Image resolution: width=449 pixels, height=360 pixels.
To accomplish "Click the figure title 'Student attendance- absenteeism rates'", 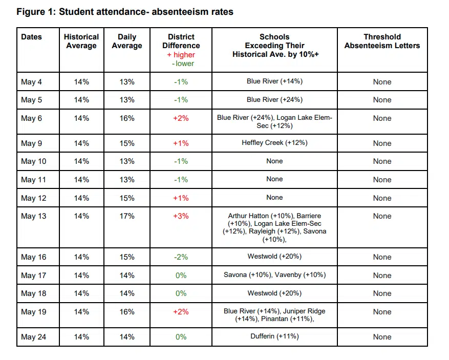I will coord(146,12).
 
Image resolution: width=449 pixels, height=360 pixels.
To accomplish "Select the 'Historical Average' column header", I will coord(81,41).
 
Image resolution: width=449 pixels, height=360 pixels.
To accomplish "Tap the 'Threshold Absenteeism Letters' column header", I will coord(382,41).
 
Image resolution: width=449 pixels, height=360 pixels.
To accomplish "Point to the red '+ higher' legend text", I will coord(181,55).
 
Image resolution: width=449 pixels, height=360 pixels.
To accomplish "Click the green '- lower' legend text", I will coord(183,63).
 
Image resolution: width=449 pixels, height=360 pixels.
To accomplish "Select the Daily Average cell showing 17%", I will coord(126,216).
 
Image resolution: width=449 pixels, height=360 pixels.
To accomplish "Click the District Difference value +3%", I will coord(181,216).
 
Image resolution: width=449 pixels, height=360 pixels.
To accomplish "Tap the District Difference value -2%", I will coord(181,257).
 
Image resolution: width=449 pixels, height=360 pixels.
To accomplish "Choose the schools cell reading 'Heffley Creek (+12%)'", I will coord(274,143).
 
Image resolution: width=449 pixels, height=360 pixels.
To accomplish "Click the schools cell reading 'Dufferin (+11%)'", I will coord(274,336).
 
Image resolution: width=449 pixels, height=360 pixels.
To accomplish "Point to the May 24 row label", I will coord(34,337).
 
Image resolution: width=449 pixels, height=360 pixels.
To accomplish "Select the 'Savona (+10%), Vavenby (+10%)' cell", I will coord(274,275).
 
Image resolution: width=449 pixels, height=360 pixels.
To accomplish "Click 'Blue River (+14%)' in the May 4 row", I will coord(274,81).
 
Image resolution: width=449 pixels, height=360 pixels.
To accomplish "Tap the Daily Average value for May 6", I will coord(126,118).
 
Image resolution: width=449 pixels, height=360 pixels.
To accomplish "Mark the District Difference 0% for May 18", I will coord(181,293).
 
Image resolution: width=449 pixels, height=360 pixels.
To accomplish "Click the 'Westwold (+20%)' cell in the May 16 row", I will coord(274,257).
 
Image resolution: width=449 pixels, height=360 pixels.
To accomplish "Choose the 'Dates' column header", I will coord(32,37).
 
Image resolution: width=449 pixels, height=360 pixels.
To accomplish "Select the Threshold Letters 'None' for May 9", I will coord(382,143).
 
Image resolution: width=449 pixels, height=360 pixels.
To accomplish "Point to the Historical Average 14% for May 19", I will coord(81,312).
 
